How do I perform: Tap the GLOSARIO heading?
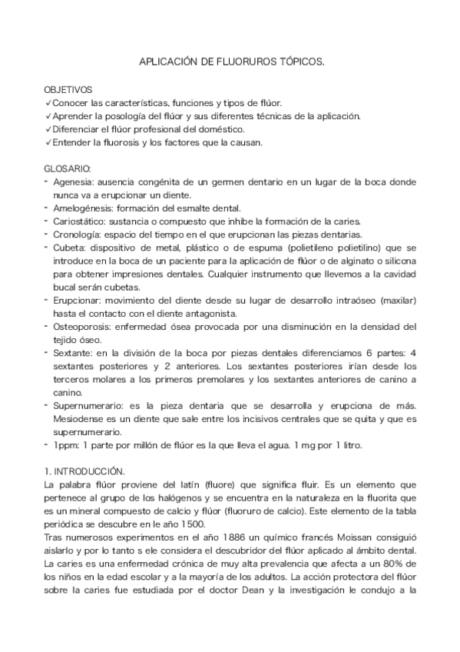tap(68, 168)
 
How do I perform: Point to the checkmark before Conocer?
tap(48, 104)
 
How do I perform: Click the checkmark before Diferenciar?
tap(48, 129)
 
